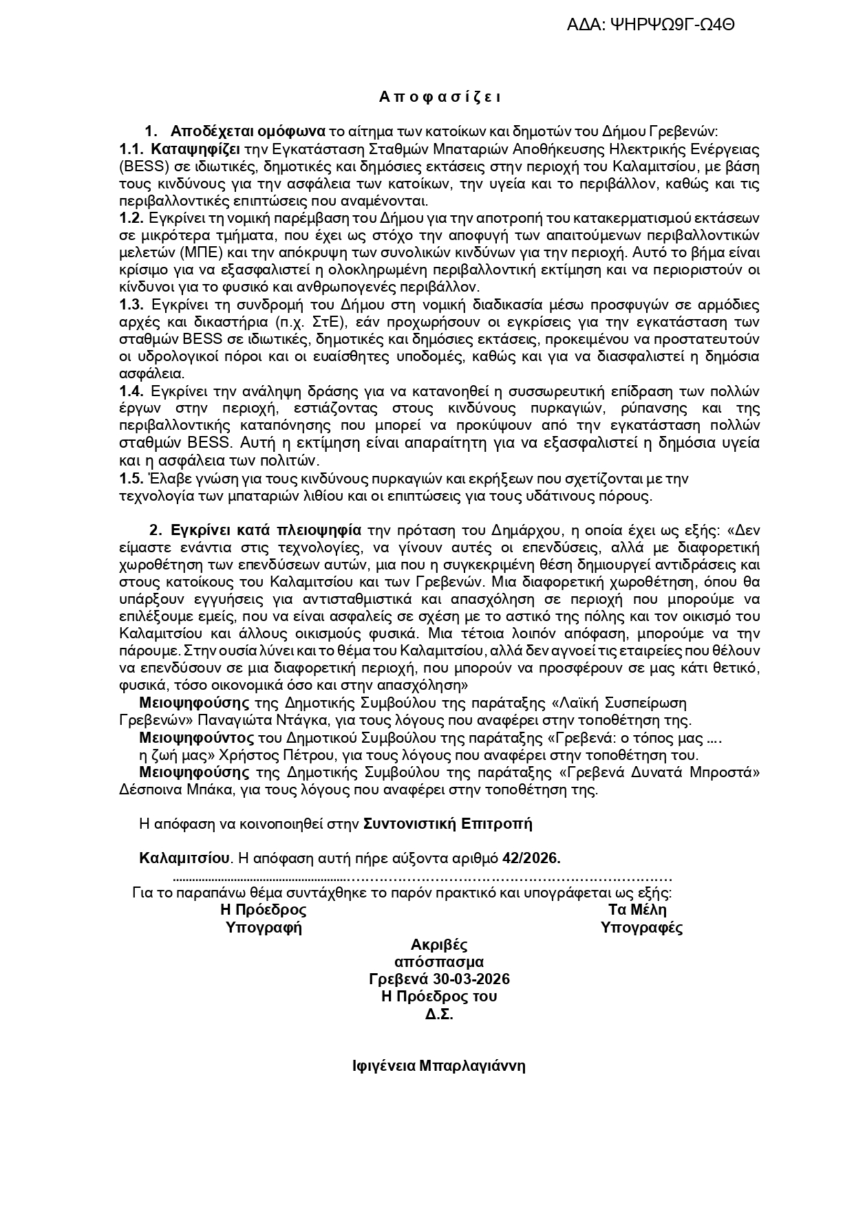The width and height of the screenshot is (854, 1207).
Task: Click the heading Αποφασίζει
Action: click(440, 97)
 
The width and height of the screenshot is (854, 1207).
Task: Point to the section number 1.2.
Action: click(131, 218)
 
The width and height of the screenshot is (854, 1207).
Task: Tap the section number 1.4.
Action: click(131, 391)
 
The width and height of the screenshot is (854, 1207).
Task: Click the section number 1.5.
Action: click(131, 477)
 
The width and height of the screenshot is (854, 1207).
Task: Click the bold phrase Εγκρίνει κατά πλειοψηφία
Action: click(266, 530)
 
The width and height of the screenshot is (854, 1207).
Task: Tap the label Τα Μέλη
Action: click(637, 909)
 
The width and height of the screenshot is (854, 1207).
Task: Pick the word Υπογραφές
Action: click(641, 927)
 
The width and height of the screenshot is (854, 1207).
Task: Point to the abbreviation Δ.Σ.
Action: click(439, 1014)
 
